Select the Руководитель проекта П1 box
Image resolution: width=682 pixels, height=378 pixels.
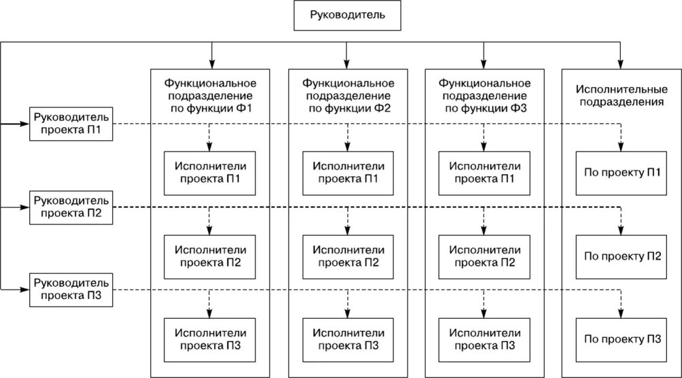point(71,124)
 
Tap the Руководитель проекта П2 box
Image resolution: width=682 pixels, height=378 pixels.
point(71,206)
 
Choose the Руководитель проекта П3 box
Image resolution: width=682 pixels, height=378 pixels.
point(71,288)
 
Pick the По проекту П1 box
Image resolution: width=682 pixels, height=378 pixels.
point(620,171)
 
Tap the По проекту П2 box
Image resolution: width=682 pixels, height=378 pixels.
point(620,256)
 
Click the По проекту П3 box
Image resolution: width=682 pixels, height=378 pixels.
point(620,339)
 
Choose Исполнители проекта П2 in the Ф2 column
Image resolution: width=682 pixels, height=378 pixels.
point(347,256)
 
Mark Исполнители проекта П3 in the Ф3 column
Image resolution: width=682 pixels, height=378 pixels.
point(484,339)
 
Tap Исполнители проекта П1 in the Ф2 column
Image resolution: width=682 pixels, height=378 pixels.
point(347,171)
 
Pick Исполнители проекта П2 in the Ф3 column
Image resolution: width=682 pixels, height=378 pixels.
point(484,256)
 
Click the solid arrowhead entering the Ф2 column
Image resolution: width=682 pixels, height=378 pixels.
point(347,63)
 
